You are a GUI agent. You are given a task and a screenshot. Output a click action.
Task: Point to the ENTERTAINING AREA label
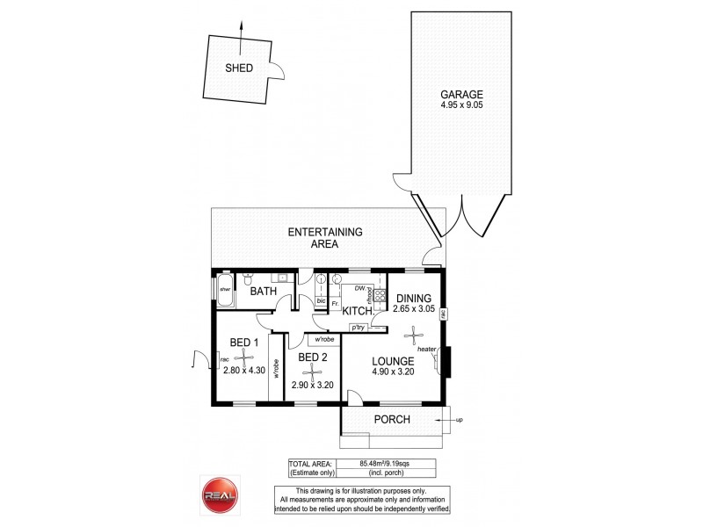click(x=327, y=238)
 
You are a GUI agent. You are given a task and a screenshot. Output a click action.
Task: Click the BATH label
click(x=264, y=291)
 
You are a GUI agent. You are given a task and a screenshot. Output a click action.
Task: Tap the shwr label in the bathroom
click(x=224, y=289)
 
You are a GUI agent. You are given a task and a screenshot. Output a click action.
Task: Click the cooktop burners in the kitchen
click(x=380, y=295)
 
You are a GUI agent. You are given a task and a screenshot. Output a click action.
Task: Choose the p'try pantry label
click(x=359, y=328)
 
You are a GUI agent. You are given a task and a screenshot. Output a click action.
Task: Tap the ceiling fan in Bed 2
click(x=309, y=372)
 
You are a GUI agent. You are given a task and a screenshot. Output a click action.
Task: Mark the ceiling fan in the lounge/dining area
click(x=412, y=334)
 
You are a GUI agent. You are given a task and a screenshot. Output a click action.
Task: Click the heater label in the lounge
click(x=428, y=350)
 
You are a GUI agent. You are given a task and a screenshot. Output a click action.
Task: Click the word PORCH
click(x=392, y=420)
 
